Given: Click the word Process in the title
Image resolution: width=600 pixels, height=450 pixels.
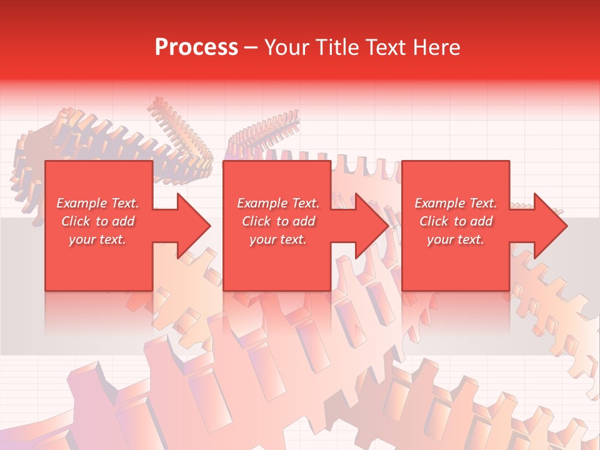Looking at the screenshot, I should (x=196, y=47).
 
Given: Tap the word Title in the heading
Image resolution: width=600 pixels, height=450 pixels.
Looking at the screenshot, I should (x=336, y=47).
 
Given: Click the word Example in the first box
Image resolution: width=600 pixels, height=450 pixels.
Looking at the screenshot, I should (x=81, y=203).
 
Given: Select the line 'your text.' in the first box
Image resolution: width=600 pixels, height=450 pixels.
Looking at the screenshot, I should (x=97, y=239).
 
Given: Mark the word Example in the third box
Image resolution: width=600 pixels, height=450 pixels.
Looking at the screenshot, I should (x=439, y=203).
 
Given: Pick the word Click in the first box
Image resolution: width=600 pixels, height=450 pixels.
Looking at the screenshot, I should (x=76, y=221).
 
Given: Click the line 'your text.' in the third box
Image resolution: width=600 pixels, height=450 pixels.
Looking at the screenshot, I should (x=455, y=239).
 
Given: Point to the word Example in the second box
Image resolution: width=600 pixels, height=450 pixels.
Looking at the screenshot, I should (x=262, y=203).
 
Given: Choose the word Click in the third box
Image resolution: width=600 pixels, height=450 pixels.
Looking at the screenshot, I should (x=434, y=221).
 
